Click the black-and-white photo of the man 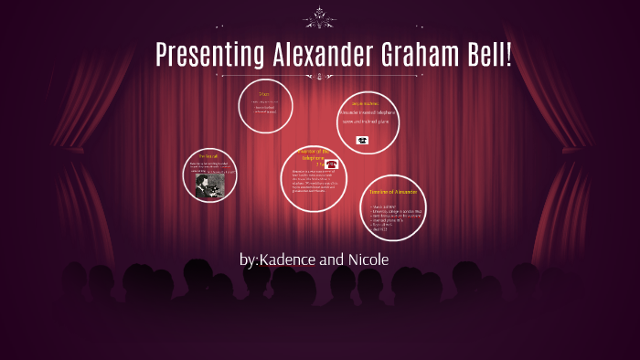[x=209, y=185]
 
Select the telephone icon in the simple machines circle [x=362, y=140]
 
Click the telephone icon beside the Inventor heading [x=331, y=164]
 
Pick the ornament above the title [x=320, y=16]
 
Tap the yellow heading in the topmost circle [x=265, y=94]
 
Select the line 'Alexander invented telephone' [x=368, y=111]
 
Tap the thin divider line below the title [x=320, y=75]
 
